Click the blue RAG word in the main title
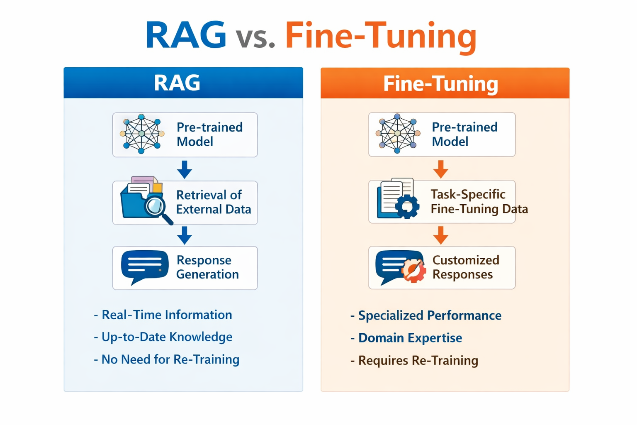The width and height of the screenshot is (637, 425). click(x=185, y=35)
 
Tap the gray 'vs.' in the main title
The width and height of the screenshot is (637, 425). click(x=255, y=37)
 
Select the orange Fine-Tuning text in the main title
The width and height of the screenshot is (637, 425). click(x=381, y=37)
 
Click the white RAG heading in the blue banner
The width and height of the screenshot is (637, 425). click(x=177, y=83)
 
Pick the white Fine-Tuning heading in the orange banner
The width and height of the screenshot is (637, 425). click(x=440, y=83)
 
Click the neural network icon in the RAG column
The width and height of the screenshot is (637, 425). click(x=142, y=134)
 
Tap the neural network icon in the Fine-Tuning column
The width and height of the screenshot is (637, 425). click(x=398, y=134)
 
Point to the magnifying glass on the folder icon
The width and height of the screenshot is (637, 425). click(x=156, y=206)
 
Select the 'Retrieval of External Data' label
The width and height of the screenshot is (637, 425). click(x=213, y=202)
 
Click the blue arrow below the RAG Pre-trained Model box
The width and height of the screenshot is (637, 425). click(x=185, y=169)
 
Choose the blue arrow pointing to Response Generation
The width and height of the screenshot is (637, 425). click(x=185, y=235)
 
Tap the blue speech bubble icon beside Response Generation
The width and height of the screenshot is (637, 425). click(x=144, y=266)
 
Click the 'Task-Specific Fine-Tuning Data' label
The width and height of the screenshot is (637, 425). click(x=479, y=201)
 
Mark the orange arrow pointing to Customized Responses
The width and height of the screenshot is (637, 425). click(x=440, y=235)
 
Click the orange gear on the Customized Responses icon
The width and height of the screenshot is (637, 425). click(x=414, y=271)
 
